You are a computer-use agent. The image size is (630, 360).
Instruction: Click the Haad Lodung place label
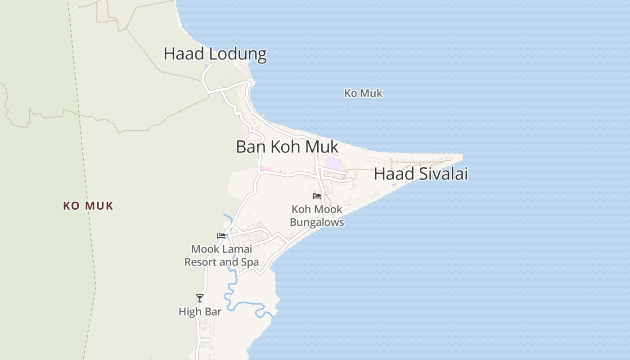pyautogui.click(x=215, y=54)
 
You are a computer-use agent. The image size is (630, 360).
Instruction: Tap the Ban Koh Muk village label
pyautogui.click(x=287, y=147)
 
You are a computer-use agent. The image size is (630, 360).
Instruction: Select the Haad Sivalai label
pyautogui.click(x=421, y=174)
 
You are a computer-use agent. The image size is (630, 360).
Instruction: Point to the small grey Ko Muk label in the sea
pyautogui.click(x=363, y=93)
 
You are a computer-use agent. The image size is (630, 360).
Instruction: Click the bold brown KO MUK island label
pyautogui.click(x=88, y=206)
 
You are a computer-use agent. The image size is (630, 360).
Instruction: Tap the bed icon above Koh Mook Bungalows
pyautogui.click(x=317, y=196)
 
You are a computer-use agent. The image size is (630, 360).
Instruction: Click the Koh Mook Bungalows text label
pyautogui.click(x=317, y=216)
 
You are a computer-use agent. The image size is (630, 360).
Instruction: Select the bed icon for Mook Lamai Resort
pyautogui.click(x=221, y=236)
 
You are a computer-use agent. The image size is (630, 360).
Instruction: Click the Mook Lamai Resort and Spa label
pyautogui.click(x=221, y=255)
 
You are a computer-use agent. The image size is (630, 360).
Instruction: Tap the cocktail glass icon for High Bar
pyautogui.click(x=200, y=298)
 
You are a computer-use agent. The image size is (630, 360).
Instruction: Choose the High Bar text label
pyautogui.click(x=200, y=311)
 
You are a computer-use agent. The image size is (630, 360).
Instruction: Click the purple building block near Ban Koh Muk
pyautogui.click(x=333, y=163)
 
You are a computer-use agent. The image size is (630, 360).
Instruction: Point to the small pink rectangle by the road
pyautogui.click(x=265, y=169)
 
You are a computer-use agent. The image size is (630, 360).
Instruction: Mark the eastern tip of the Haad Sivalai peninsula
pyautogui.click(x=462, y=156)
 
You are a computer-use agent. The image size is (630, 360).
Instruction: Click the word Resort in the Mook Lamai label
pyautogui.click(x=202, y=262)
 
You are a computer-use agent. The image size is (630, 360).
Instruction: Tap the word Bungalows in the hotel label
pyautogui.click(x=317, y=222)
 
